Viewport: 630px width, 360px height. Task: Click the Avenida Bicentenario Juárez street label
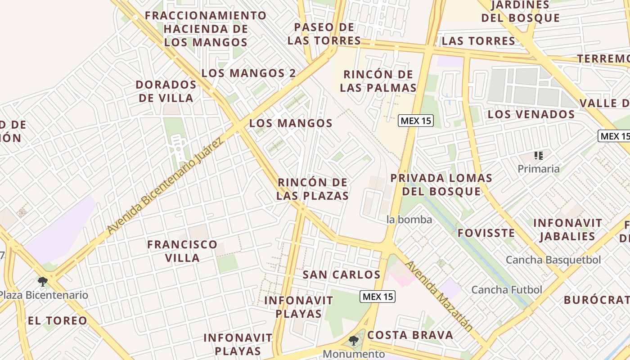click(165, 187)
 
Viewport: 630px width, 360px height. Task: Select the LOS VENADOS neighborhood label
click(531, 114)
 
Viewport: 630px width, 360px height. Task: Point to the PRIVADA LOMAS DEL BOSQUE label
click(441, 184)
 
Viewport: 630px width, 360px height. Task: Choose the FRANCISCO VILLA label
click(182, 251)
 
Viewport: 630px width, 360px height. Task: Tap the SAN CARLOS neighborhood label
click(341, 274)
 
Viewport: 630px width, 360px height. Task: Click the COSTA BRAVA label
click(410, 335)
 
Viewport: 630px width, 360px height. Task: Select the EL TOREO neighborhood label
click(57, 321)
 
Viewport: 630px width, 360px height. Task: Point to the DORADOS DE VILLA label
click(166, 91)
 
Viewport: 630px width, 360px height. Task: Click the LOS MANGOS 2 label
click(248, 73)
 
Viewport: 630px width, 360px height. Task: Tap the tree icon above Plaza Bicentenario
click(43, 282)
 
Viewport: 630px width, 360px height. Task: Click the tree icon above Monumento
click(354, 341)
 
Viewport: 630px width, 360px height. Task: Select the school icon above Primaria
click(538, 156)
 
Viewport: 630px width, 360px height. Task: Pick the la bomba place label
click(409, 220)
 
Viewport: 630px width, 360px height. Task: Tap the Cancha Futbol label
click(506, 290)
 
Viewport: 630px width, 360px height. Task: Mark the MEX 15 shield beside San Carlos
click(378, 297)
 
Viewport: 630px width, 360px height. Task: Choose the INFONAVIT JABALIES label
click(567, 229)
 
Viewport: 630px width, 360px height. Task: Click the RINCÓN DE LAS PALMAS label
click(378, 81)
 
